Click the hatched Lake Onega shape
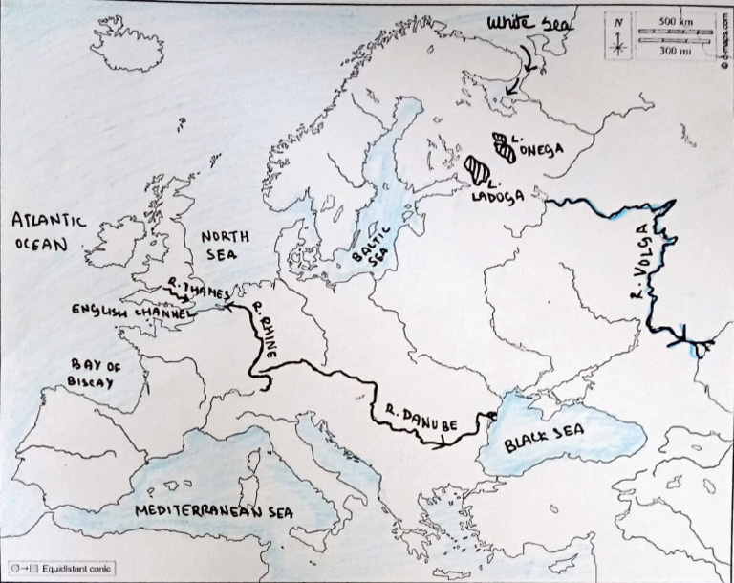502,144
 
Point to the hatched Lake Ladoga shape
475,167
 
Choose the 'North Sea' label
227,246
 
